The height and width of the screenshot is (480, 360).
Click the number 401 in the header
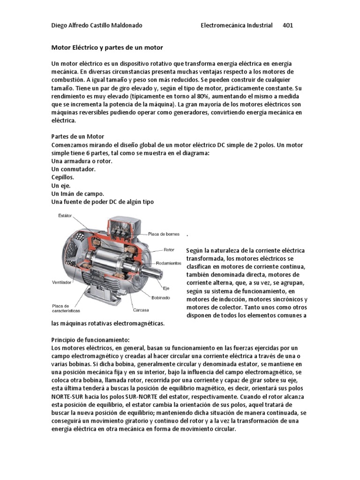pos(287,25)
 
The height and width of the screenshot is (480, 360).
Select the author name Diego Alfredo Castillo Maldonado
pos(96,25)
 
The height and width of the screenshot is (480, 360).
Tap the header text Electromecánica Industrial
pos(236,25)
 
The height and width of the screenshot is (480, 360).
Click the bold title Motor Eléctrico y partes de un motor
pos(106,48)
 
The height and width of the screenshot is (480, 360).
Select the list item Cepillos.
pos(62,177)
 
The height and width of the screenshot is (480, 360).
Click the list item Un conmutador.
pos(73,169)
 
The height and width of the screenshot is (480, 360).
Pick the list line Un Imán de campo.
pos(77,193)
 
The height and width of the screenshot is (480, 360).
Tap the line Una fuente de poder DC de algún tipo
pos(102,202)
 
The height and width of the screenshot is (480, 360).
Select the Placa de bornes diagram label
pos(164,233)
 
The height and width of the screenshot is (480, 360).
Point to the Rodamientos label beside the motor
pos(169,263)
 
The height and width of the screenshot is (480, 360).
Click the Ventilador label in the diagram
pos(61,283)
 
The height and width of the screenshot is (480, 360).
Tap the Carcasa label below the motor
pos(141,310)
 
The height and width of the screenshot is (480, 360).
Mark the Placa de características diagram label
pos(66,308)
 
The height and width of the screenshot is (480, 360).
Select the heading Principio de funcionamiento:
pos(89,339)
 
